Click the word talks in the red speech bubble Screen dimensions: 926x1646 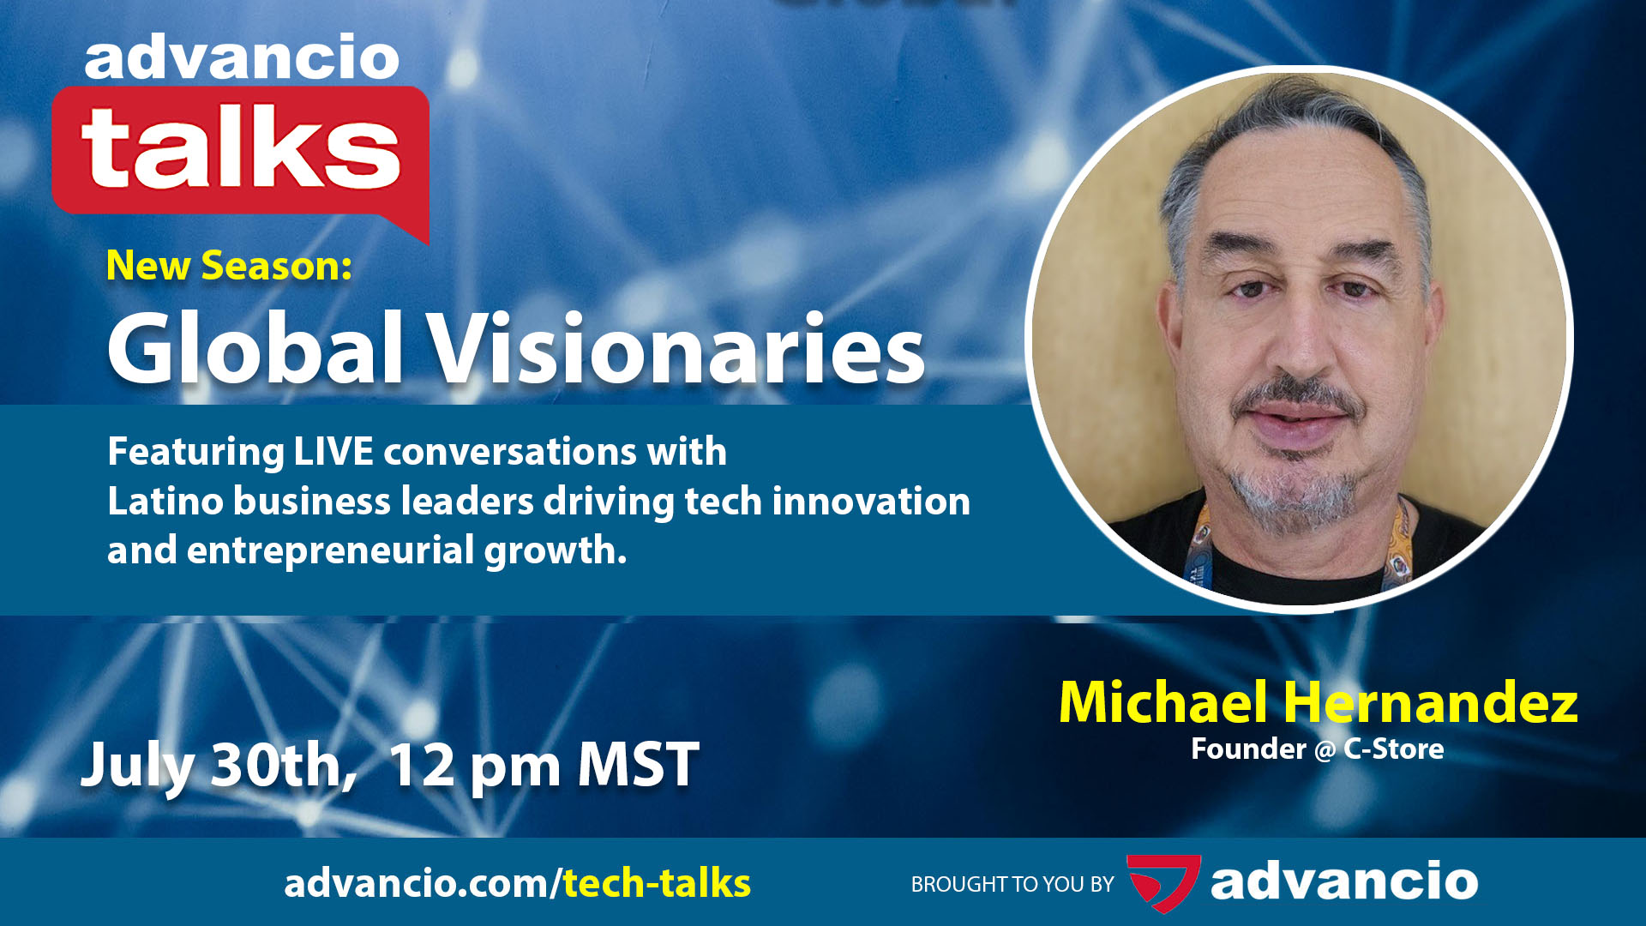point(241,147)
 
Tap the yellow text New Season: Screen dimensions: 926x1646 point(229,266)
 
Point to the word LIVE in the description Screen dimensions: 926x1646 point(333,451)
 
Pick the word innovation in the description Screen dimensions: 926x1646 point(871,501)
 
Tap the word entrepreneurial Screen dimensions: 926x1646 point(330,550)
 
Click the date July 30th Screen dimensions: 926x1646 point(218,765)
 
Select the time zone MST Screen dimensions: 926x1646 point(638,765)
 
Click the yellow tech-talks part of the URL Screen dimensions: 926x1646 point(657,883)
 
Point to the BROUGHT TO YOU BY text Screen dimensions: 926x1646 point(1012,884)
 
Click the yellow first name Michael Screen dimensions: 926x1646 point(1162,703)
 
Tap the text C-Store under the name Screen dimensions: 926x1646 point(1393,749)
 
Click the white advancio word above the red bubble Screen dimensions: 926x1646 point(242,58)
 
